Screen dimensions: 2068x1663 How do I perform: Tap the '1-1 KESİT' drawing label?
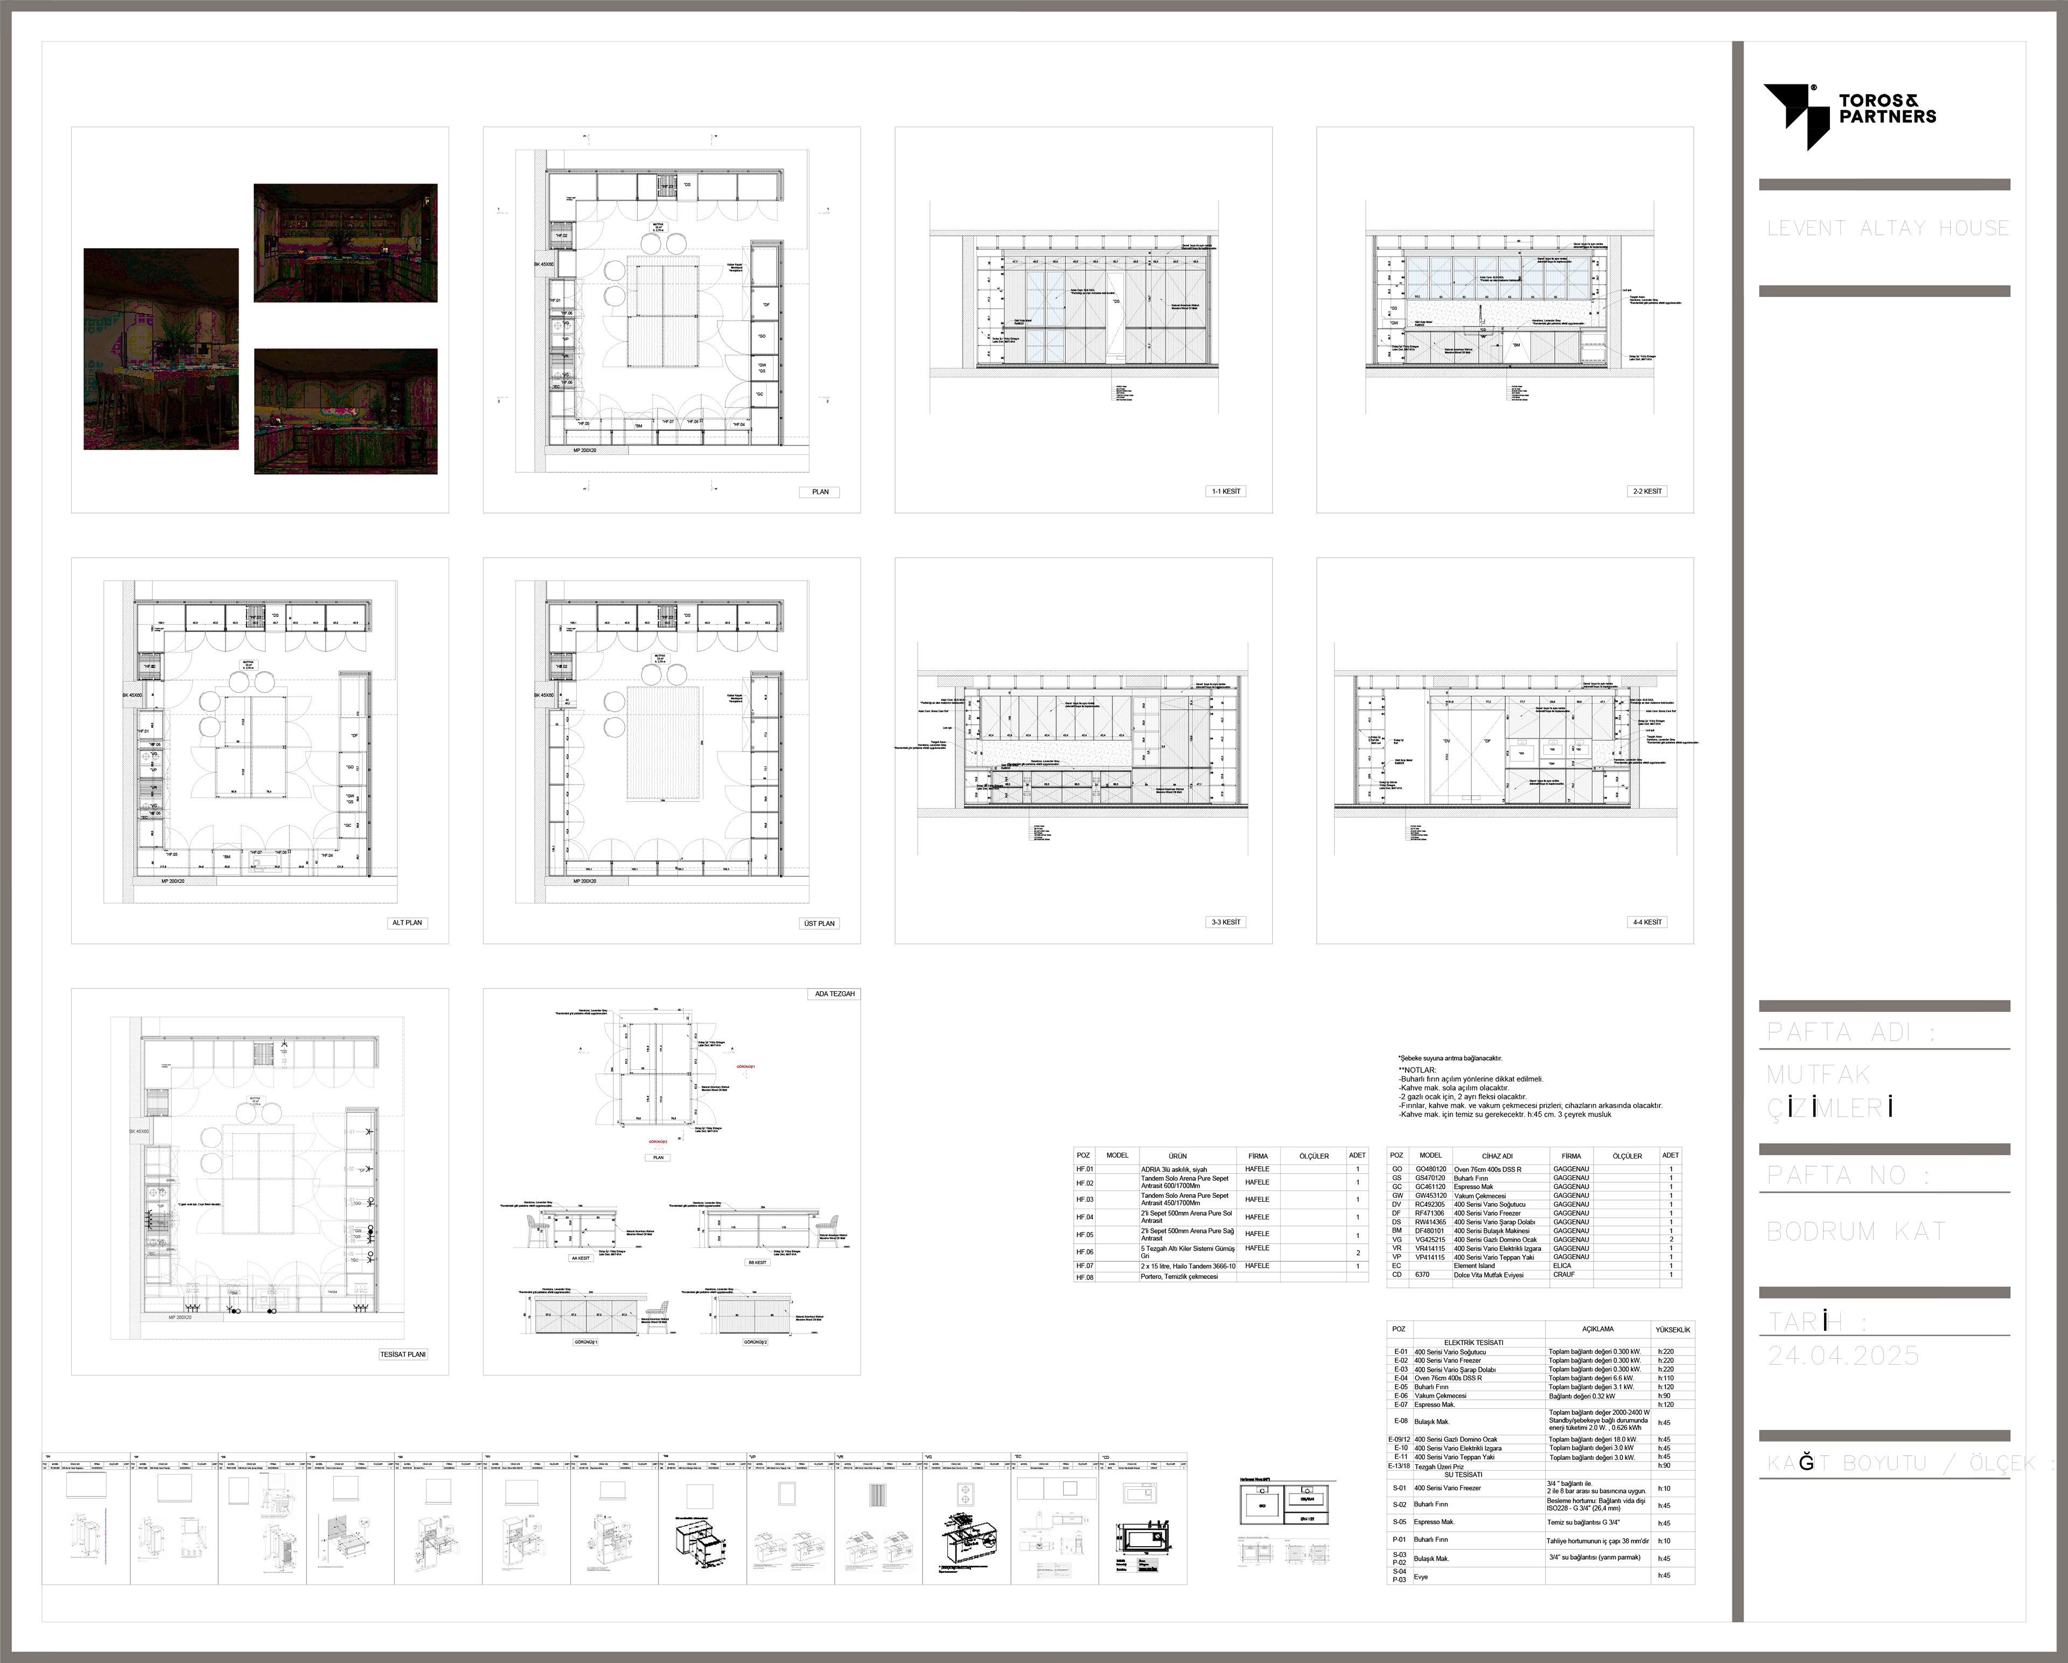click(1226, 491)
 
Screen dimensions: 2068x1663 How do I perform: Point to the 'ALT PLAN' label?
click(407, 923)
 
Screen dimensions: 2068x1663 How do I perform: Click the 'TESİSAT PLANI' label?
click(403, 1354)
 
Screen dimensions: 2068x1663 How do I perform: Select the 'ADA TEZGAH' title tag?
click(835, 994)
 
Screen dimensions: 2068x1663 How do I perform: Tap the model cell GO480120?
click(1430, 1169)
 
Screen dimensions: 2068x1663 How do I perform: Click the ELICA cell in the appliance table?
click(1562, 1265)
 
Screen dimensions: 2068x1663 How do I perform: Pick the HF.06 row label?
click(1084, 1252)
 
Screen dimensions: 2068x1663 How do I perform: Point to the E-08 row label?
click(1400, 1421)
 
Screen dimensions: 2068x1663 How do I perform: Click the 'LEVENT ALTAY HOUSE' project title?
click(1888, 228)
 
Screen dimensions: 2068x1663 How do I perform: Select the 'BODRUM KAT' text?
click(1855, 1231)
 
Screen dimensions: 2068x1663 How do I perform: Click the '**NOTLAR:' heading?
click(1417, 1069)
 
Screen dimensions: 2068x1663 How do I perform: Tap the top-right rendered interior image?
click(345, 243)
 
